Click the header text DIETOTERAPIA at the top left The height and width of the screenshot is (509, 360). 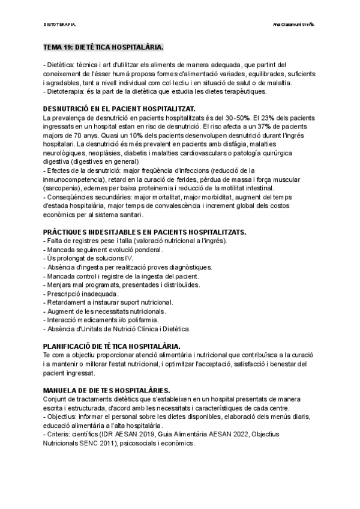pyautogui.click(x=60, y=25)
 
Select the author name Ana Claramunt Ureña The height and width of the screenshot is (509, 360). pyautogui.click(x=294, y=25)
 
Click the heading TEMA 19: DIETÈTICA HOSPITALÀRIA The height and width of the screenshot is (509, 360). pyautogui.click(x=103, y=47)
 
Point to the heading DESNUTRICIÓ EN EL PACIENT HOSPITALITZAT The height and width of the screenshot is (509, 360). pyautogui.click(x=119, y=109)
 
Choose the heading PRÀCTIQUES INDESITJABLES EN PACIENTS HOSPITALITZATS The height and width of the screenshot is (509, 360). pyautogui.click(x=145, y=232)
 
